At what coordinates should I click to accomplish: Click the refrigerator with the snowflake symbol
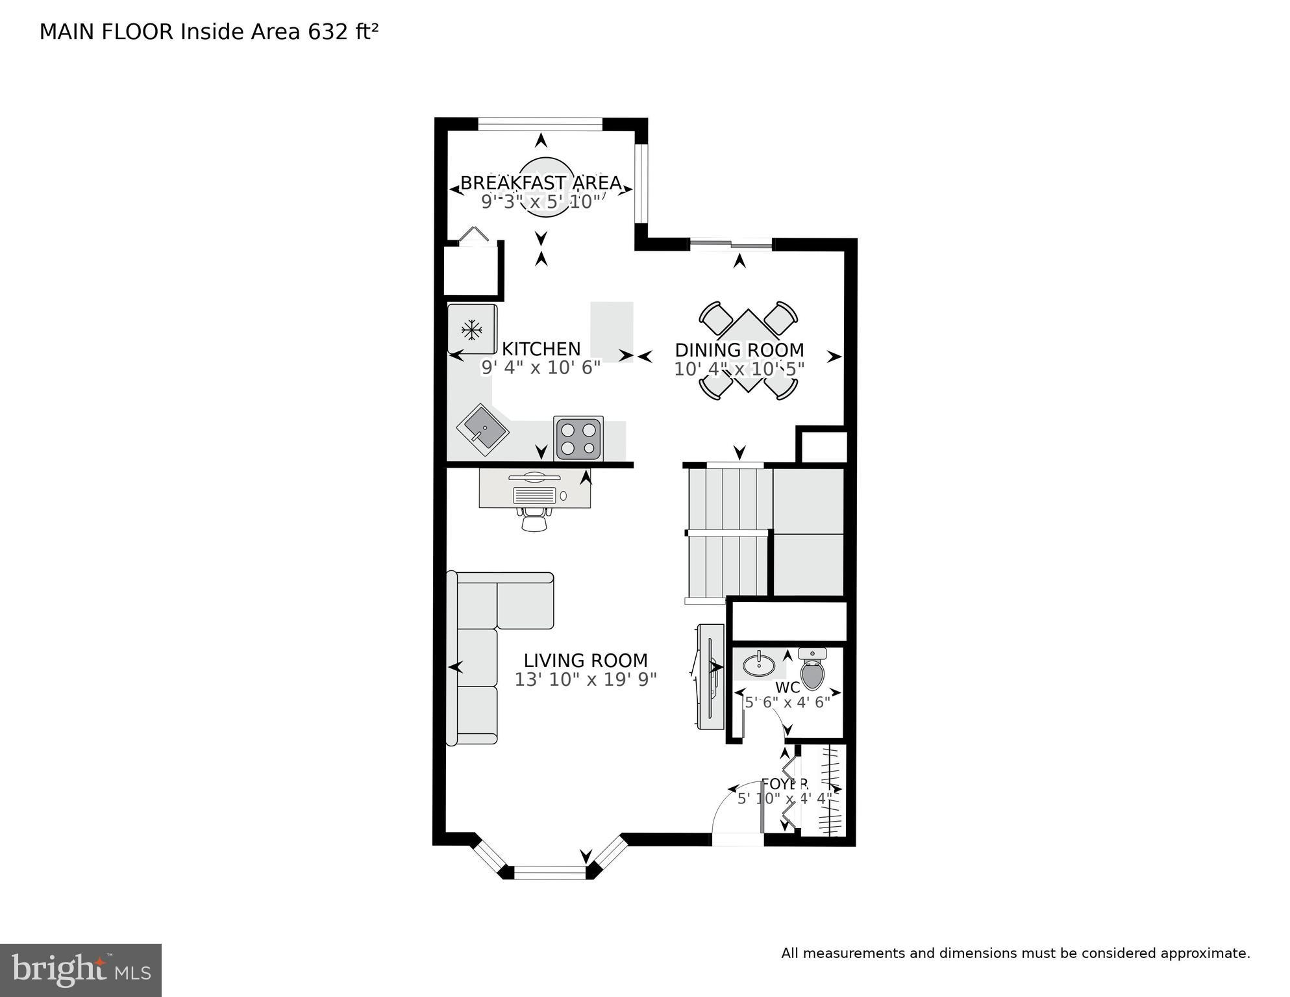(x=472, y=329)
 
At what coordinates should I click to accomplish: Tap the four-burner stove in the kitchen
(x=578, y=438)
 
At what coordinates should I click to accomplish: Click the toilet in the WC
(x=812, y=670)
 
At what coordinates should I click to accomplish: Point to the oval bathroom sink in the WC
(x=758, y=664)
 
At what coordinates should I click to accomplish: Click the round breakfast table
(x=545, y=187)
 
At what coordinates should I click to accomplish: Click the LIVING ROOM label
(x=586, y=661)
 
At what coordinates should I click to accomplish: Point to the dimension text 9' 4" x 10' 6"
(x=541, y=368)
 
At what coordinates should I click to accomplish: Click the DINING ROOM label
(x=739, y=350)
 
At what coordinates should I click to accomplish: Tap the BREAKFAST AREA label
(x=541, y=183)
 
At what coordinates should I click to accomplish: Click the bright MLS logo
(x=81, y=970)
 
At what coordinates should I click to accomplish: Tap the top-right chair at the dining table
(x=781, y=317)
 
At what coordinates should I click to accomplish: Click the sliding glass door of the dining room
(x=731, y=244)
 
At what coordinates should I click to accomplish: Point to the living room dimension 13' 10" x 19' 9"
(x=586, y=679)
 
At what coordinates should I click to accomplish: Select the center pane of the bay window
(x=549, y=872)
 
